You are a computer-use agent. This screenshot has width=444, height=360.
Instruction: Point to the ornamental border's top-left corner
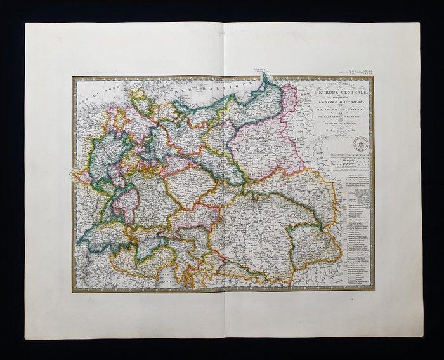pos(74,78)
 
